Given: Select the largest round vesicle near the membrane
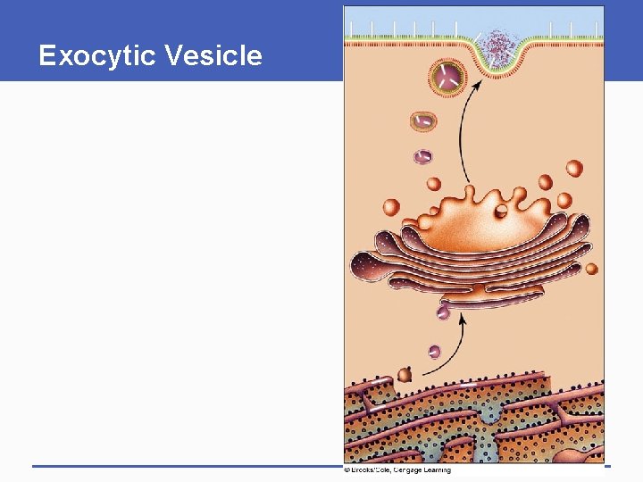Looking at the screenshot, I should click(x=448, y=79).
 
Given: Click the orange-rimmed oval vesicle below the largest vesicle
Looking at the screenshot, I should click(x=423, y=120).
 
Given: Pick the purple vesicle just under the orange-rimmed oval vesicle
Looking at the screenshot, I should click(x=422, y=156).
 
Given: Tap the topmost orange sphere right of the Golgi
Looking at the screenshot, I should click(x=574, y=168).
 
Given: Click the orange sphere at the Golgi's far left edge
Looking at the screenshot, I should click(x=391, y=207).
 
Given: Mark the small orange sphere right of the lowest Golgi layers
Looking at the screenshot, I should click(x=590, y=269).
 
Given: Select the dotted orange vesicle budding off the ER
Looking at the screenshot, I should click(x=405, y=375).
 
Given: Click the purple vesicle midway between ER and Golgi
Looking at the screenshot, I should click(x=434, y=352).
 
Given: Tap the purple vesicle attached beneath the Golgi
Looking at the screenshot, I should click(x=443, y=312).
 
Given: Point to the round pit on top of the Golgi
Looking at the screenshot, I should click(x=501, y=212).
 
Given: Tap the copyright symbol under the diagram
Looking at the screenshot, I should click(x=347, y=470).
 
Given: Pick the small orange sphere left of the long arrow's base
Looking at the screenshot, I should click(x=433, y=185).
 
